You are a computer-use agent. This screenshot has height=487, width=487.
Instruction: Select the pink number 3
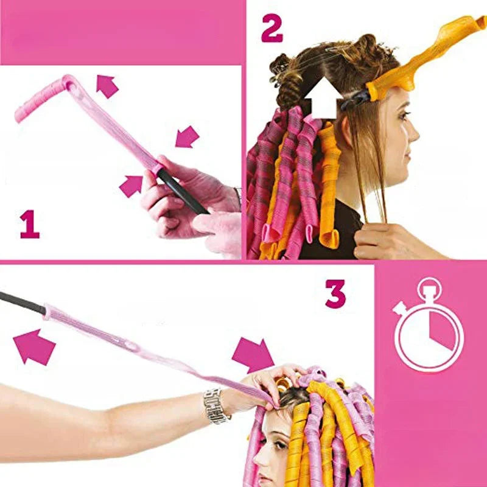click(335, 293)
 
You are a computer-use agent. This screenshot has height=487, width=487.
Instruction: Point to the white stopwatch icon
click(429, 329)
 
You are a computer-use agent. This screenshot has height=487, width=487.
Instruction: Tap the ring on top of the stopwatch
click(429, 286)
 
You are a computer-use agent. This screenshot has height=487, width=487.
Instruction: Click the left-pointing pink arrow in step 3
click(34, 346)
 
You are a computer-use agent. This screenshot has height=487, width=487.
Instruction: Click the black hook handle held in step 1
click(183, 192)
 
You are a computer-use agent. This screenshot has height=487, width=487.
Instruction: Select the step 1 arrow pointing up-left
click(107, 86)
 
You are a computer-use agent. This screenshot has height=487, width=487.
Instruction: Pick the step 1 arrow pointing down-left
click(187, 136)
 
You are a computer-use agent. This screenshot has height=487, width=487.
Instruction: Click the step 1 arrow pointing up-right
click(131, 185)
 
